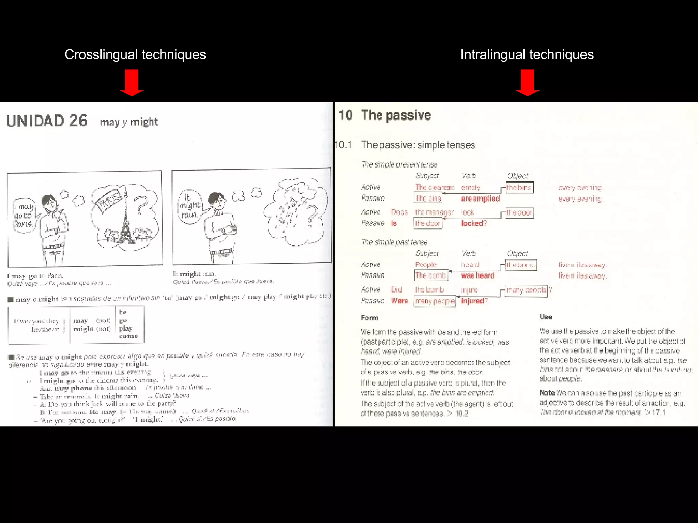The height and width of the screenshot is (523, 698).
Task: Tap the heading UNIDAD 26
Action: (47, 121)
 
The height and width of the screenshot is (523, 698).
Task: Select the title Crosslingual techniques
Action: (135, 54)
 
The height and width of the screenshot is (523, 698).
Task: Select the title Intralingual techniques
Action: (527, 54)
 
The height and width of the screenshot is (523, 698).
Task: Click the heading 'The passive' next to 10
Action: (396, 115)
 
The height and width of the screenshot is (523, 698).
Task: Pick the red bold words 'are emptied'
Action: (480, 199)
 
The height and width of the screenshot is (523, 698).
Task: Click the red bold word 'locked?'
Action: (474, 223)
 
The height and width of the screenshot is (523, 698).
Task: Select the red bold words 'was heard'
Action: (477, 275)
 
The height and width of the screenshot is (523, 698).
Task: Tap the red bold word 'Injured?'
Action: (474, 301)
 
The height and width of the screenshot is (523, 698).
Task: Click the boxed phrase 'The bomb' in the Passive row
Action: (430, 275)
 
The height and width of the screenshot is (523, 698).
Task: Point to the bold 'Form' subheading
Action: (369, 318)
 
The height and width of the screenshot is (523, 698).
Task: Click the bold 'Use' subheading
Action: (545, 317)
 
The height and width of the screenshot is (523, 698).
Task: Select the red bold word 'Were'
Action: (399, 301)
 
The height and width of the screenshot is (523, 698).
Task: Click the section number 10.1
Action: (343, 145)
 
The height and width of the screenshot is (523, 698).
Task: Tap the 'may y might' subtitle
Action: (129, 122)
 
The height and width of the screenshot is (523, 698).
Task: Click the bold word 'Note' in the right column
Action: (547, 393)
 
